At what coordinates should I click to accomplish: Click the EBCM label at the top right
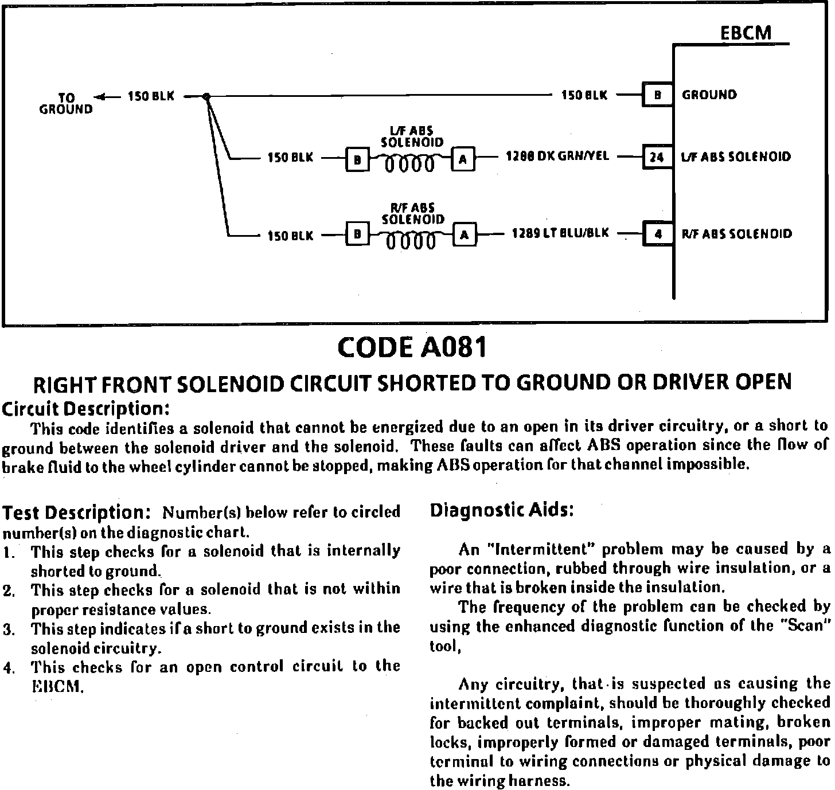point(746,33)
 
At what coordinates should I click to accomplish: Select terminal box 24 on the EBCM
point(657,157)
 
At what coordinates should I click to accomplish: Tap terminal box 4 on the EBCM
point(657,234)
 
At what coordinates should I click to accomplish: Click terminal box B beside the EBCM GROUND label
point(657,96)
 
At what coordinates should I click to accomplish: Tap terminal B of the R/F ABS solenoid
point(357,234)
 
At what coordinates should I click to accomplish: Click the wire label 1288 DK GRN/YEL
point(557,156)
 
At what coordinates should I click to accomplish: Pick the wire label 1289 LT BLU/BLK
point(560,233)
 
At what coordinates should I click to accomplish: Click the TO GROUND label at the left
point(66,104)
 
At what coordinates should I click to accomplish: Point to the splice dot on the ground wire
point(207,97)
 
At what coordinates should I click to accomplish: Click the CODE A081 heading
point(412,347)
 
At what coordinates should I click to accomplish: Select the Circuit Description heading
point(86,409)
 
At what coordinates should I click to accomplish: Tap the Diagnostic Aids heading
point(502,510)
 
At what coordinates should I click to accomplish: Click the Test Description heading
point(77,512)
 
